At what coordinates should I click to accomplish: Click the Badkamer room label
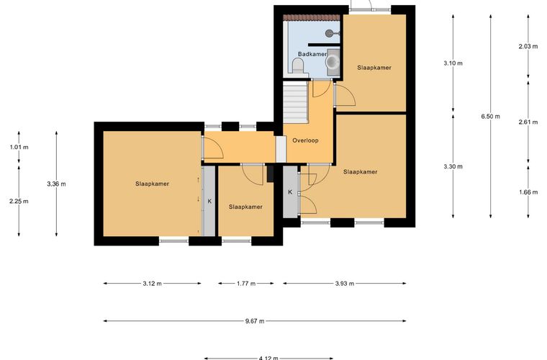[312, 54]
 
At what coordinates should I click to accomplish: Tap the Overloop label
[305, 140]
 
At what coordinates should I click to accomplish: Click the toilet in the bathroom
[297, 66]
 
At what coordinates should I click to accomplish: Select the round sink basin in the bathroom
[332, 62]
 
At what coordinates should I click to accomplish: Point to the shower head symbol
[330, 33]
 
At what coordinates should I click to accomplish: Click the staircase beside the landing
[296, 102]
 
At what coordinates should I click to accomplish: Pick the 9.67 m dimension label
[255, 321]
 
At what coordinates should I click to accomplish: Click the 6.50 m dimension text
[490, 117]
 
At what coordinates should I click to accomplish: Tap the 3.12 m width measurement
[152, 284]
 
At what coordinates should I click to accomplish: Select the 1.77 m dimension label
[246, 284]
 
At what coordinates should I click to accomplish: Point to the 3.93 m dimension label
[345, 284]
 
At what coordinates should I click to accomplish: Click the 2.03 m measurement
[528, 46]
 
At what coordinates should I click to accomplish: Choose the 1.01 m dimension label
[19, 147]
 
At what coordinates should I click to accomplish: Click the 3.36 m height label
[57, 184]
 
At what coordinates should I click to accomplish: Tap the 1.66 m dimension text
[528, 192]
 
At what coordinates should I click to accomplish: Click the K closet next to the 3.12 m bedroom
[209, 201]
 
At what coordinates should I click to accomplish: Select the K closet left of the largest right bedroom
[290, 192]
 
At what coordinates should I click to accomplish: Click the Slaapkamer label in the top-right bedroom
[374, 68]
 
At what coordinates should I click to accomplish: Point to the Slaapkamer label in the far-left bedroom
[152, 184]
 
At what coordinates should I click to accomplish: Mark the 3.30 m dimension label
[453, 167]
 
